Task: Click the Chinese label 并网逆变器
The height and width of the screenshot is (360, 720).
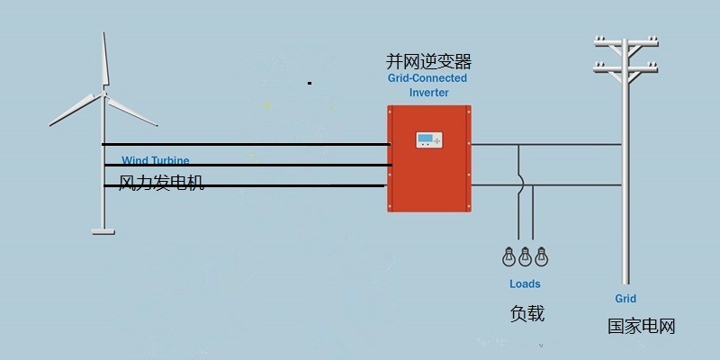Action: click(428, 61)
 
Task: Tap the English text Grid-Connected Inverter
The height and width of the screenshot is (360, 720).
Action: click(427, 85)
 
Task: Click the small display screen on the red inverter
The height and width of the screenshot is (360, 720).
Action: click(428, 139)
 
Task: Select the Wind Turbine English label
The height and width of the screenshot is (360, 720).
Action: click(155, 160)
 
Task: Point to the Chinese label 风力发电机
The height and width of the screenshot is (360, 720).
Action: click(162, 183)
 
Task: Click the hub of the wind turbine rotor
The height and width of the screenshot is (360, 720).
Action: click(103, 94)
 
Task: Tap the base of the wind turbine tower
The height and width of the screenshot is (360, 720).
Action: click(103, 230)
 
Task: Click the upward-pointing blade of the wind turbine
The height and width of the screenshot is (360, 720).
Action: click(105, 58)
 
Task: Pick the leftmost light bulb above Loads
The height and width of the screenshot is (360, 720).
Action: click(508, 256)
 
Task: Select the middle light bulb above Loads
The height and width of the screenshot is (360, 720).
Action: click(524, 256)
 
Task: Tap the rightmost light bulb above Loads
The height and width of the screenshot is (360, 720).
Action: click(541, 256)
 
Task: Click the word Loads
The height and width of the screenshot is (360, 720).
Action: click(525, 283)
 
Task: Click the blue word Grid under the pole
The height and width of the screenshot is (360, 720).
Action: click(625, 298)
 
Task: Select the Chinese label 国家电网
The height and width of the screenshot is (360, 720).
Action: click(641, 326)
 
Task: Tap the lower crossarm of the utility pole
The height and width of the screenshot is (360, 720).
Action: click(625, 67)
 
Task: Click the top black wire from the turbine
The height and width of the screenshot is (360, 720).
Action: click(243, 144)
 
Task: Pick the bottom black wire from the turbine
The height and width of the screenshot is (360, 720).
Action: click(243, 186)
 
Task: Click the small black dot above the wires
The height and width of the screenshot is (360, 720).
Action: click(310, 83)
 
